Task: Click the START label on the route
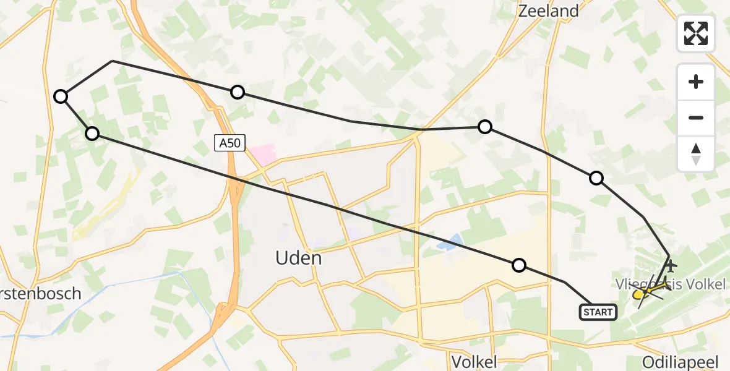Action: point(598,312)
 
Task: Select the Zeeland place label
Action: point(548,11)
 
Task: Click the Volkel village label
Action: point(474,362)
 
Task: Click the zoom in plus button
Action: point(696,82)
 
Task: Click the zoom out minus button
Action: point(696,117)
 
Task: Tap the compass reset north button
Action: point(696,153)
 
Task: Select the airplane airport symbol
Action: point(670,266)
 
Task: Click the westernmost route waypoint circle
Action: point(61,96)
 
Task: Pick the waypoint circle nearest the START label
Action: point(519,265)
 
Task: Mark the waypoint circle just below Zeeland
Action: point(485,127)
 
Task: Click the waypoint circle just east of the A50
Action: point(238,92)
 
